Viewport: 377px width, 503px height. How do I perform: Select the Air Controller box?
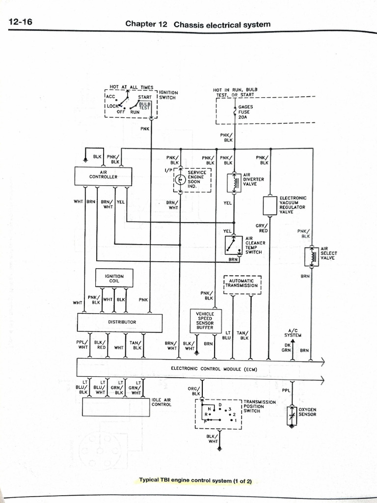point(103,176)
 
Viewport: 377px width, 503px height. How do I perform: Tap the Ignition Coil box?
point(114,279)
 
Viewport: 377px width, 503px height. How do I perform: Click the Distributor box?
point(120,322)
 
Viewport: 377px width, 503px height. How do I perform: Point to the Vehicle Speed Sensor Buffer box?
point(205,320)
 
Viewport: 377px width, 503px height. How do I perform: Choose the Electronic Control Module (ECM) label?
point(214,368)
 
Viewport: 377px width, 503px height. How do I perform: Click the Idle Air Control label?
point(162,402)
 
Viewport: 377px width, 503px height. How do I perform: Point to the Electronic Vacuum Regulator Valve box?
point(270,205)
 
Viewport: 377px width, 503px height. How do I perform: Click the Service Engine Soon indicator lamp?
point(180,180)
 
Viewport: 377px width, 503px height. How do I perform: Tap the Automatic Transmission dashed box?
point(242,284)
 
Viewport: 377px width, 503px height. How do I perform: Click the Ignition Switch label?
point(168,95)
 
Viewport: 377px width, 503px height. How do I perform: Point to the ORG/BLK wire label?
point(195,391)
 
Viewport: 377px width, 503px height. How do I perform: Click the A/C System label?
point(293,333)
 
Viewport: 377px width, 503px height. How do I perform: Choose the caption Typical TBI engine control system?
point(195,480)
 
